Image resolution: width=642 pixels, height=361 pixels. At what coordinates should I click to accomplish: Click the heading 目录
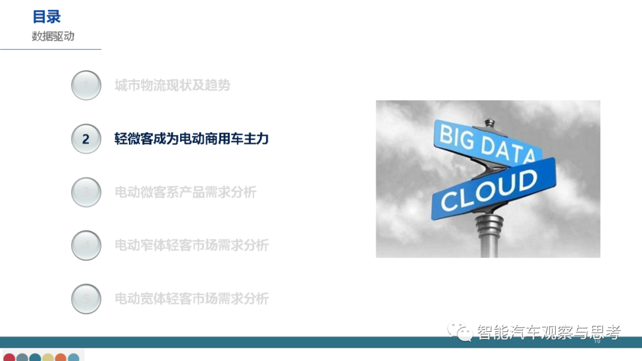47,17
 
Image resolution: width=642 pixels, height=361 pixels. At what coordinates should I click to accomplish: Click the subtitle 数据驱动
53,36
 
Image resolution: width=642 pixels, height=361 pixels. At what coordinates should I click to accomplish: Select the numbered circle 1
86,85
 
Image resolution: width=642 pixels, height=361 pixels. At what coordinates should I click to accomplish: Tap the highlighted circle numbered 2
86,139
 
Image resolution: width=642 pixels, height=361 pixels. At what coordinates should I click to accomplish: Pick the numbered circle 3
86,192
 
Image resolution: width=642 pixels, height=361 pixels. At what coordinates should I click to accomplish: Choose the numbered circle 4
86,245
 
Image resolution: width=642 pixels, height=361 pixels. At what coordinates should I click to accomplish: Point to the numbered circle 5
86,299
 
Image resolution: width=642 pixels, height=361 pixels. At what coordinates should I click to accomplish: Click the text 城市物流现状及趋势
172,85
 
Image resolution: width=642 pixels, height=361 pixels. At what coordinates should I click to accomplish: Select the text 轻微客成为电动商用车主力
191,139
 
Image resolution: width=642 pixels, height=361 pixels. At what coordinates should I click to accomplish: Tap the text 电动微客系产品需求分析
185,192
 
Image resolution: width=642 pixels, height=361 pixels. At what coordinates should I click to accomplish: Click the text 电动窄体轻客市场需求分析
191,245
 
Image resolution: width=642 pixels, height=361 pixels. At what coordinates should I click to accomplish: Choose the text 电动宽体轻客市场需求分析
191,299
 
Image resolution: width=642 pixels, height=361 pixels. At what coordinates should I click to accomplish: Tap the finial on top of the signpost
490,123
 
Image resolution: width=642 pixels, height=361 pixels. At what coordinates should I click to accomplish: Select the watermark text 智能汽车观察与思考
547,332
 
